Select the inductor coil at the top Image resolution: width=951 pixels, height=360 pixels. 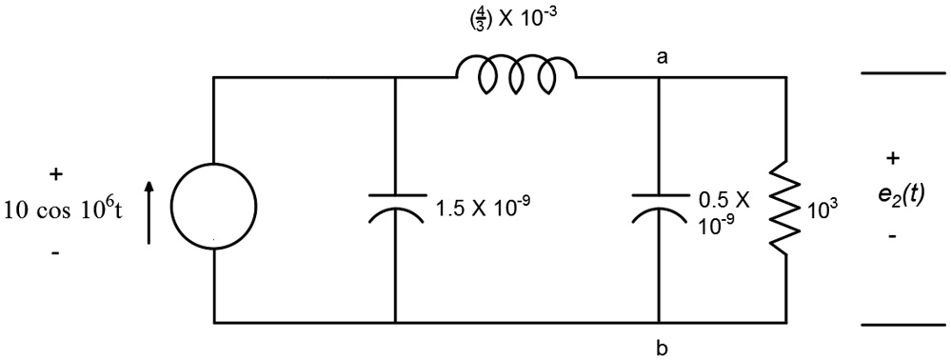[x=516, y=74]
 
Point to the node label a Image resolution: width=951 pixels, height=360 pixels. [x=661, y=58]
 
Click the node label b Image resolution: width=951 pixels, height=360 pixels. [x=661, y=348]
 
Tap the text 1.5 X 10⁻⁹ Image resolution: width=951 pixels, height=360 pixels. [x=479, y=206]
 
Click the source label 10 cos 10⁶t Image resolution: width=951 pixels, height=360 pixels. [x=64, y=210]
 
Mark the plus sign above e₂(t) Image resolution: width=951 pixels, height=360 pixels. [x=893, y=157]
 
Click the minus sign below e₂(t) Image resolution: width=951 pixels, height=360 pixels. [x=891, y=233]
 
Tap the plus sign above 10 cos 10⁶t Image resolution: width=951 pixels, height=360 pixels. [x=56, y=174]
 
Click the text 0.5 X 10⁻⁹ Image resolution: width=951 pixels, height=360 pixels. [x=724, y=211]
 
